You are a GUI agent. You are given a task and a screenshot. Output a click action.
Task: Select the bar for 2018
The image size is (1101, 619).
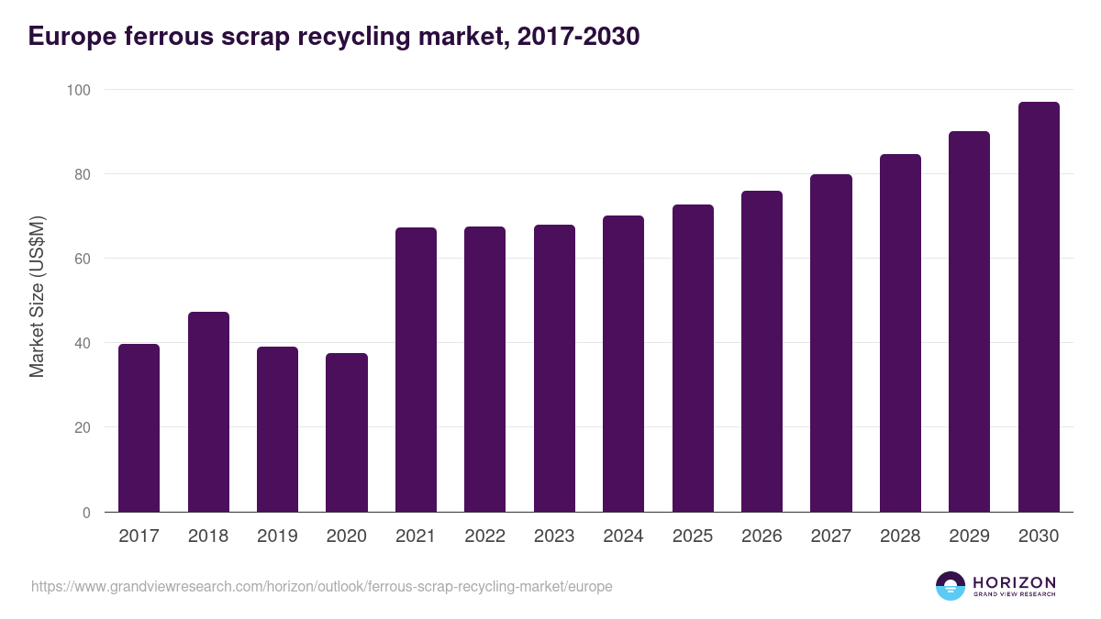pos(208,413)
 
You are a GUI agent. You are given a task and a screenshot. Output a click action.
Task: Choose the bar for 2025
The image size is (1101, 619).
pos(693,359)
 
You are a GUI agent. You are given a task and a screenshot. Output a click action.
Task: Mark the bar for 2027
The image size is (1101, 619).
pos(831,343)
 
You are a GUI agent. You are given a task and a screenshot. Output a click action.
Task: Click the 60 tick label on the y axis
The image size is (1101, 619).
pos(82,259)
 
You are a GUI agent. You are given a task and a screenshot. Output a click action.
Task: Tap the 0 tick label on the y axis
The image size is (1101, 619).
pos(86,513)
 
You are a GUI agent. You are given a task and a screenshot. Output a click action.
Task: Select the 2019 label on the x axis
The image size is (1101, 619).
pos(277,536)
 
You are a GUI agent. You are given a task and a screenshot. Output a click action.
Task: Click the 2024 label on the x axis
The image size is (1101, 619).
pos(623,536)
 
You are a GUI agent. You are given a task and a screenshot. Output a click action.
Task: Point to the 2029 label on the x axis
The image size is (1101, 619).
pos(969,536)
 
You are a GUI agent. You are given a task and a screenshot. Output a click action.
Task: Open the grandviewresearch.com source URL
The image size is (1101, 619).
pos(321,586)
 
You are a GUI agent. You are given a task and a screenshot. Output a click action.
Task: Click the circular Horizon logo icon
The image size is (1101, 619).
pos(951,586)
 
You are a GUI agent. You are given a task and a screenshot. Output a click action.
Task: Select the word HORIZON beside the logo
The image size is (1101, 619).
pos(1014,581)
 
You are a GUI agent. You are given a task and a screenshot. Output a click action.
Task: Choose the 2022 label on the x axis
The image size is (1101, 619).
pos(484,536)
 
